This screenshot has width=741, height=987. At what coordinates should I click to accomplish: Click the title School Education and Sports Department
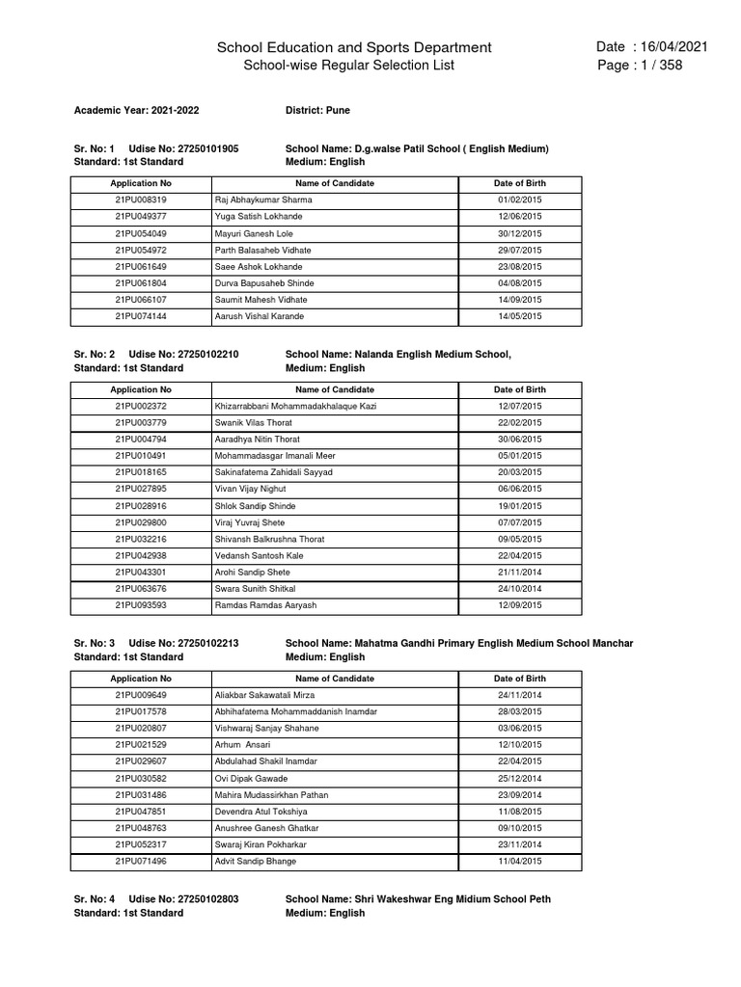coord(354,47)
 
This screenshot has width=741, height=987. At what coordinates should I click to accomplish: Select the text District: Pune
coord(318,111)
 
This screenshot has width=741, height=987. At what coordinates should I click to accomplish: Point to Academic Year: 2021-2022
coord(136,111)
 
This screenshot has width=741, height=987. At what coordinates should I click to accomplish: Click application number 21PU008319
coord(141,200)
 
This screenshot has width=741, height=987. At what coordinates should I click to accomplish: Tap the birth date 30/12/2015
coord(519,233)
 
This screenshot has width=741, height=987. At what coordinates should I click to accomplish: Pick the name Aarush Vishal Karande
coord(260,316)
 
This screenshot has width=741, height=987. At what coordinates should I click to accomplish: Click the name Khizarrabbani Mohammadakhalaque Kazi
coord(295,406)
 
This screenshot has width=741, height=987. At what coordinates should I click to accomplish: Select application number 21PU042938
coord(141,556)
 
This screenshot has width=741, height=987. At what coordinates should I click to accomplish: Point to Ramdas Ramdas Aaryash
coord(265,605)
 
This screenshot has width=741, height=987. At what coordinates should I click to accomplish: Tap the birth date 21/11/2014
coord(519,573)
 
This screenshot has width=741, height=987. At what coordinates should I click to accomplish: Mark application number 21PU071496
coord(141,861)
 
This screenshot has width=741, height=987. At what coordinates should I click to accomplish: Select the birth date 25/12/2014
coord(519,778)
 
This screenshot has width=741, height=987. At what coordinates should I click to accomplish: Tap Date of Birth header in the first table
coord(519,183)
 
